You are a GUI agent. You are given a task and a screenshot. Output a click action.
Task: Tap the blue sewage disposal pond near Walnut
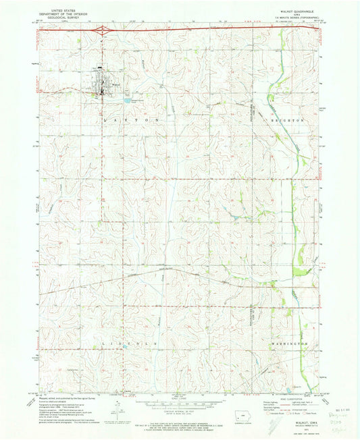pos(126,101)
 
